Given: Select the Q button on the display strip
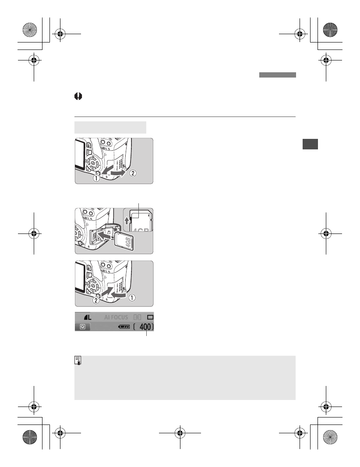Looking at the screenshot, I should (x=82, y=327).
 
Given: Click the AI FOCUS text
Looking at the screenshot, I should (x=116, y=317).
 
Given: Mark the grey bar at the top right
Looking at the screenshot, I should (x=277, y=75).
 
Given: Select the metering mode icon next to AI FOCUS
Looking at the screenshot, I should (x=137, y=317).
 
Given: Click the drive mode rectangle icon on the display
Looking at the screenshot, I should (x=150, y=317).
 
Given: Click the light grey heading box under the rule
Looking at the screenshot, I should (x=110, y=127).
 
